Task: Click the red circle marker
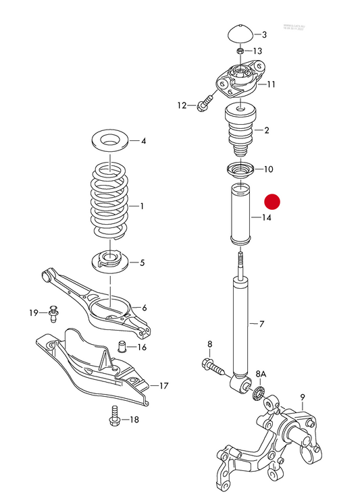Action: (x=272, y=201)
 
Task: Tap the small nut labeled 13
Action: (x=240, y=51)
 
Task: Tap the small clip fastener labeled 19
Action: (x=53, y=312)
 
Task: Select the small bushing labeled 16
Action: (x=122, y=348)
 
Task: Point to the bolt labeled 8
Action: (x=212, y=366)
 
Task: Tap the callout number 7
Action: (x=263, y=325)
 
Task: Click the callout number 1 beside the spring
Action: (x=142, y=206)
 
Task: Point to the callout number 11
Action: (x=271, y=85)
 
